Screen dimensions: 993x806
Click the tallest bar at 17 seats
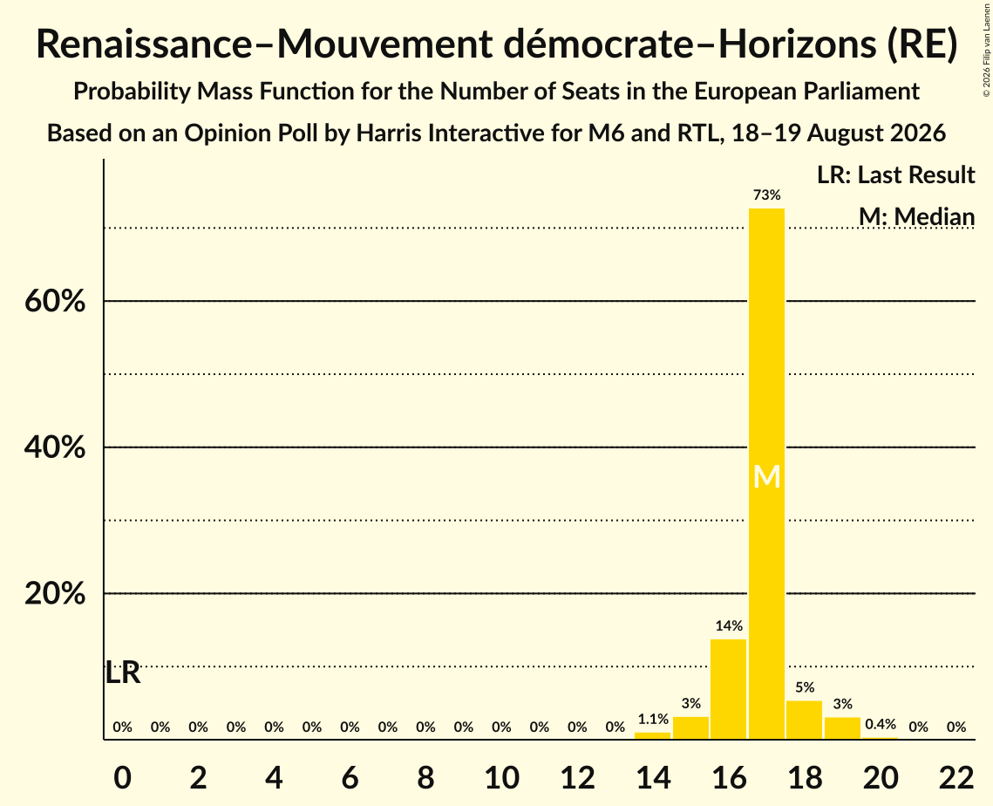coord(766,474)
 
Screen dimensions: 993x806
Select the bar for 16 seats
coord(728,689)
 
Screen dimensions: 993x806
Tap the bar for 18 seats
coord(805,720)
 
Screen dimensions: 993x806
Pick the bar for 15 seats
coord(691,728)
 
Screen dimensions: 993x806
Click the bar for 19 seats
coord(842,728)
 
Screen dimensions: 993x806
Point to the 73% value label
coord(767,195)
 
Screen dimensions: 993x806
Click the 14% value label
coord(729,626)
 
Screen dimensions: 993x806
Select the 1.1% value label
coord(653,719)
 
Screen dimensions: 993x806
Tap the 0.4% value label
coord(881,724)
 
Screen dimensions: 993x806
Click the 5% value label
coord(805,687)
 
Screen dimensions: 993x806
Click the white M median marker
coord(767,476)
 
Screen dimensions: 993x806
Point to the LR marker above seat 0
coord(122,673)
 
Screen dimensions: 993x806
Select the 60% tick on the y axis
coord(55,301)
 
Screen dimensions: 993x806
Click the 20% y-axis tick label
coord(55,594)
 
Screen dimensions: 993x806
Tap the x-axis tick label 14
coord(653,777)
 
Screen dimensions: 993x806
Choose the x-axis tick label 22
coord(956,777)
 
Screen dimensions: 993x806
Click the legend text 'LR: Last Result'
coord(895,174)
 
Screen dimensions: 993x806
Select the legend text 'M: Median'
coord(916,216)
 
